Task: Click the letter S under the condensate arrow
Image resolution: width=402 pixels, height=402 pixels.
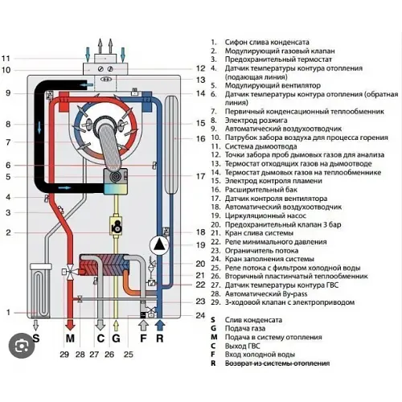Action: tap(35, 339)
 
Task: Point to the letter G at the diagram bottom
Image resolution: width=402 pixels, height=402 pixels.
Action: tap(117, 339)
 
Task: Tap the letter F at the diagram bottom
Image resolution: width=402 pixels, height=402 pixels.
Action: tap(143, 339)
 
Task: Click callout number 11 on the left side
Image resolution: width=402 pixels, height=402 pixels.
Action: tap(6, 58)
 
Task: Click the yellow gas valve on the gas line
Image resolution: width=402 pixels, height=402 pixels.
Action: tap(117, 228)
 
